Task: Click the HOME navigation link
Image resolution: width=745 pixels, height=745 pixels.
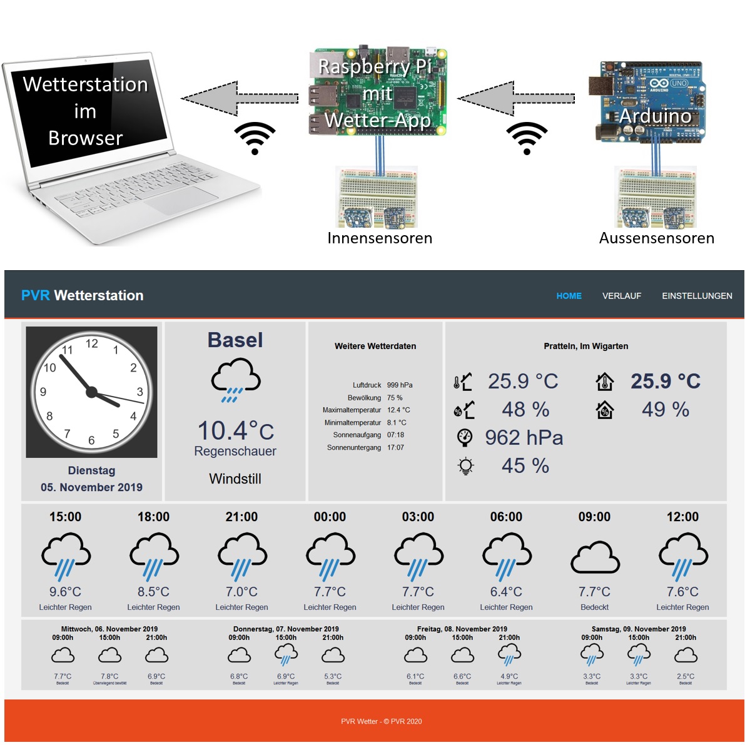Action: pos(569,296)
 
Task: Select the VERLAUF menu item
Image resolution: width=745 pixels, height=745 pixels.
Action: pos(621,296)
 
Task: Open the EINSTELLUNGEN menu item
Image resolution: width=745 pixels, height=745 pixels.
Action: pos(697,296)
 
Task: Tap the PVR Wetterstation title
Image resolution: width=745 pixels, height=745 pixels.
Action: pos(83,295)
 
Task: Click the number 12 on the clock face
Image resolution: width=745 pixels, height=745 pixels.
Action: pos(92,343)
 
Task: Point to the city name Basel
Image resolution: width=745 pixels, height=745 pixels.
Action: pos(235,340)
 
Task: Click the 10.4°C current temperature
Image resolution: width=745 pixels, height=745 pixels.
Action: pos(236,430)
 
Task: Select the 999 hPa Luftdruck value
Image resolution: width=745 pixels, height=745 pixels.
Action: pos(400,385)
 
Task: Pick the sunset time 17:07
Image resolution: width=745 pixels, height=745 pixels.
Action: pos(395,448)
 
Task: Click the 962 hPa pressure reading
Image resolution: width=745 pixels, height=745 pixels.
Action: pos(524,438)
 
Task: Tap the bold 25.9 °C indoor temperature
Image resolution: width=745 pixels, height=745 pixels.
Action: pos(665,381)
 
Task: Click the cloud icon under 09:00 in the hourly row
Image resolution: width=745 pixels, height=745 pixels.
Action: pos(595,557)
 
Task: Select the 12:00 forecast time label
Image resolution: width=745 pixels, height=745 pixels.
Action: pos(682,517)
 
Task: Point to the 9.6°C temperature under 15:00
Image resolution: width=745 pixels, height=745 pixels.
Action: pos(65,592)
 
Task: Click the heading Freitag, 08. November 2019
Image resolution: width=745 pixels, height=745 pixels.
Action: pos(462,629)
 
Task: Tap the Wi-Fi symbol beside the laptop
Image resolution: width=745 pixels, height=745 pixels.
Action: pos(255,138)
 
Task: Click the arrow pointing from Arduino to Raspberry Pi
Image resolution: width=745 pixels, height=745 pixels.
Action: pos(515,98)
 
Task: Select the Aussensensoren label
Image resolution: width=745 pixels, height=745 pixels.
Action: pos(656,238)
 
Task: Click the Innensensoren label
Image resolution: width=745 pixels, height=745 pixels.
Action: pos(380,238)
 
